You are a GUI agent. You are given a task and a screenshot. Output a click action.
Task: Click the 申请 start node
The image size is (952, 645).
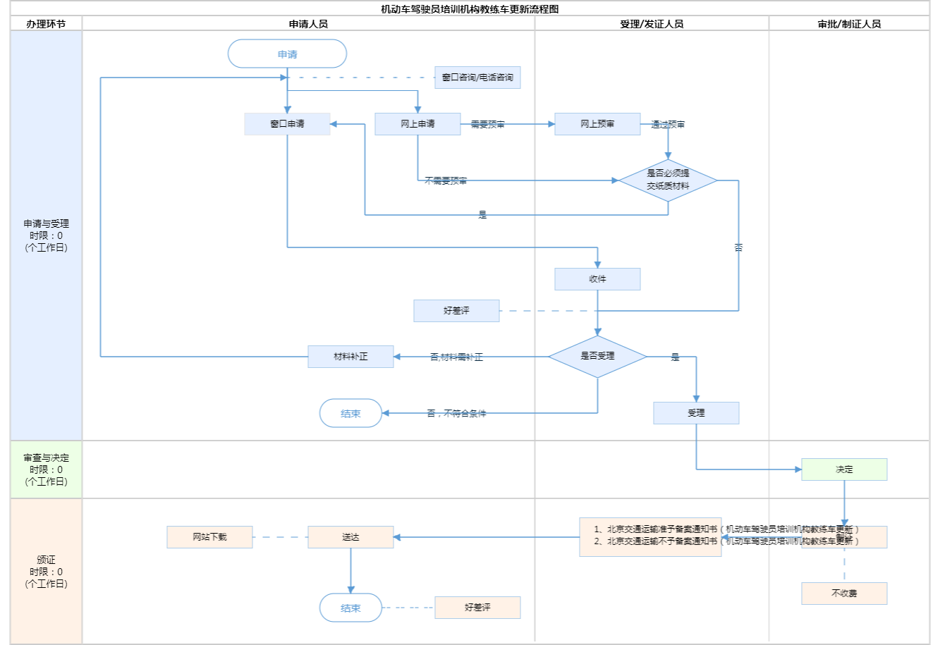click(287, 54)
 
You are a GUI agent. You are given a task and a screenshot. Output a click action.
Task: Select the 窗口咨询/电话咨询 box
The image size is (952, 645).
click(477, 78)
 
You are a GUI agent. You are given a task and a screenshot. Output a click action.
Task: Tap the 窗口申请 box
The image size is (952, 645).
click(287, 124)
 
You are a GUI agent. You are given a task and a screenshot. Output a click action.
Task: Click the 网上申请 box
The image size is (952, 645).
click(417, 124)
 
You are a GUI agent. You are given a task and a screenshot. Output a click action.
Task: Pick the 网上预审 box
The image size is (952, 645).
click(597, 124)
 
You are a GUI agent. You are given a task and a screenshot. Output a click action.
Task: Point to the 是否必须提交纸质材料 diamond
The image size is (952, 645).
click(668, 180)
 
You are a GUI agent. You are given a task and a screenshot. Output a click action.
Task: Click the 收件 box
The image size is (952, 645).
click(597, 279)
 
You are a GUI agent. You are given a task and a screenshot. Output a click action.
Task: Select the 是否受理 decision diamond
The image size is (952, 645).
click(597, 357)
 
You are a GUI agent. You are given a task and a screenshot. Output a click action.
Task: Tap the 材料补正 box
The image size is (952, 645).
click(350, 357)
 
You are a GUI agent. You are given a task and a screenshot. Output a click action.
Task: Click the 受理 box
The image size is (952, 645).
click(696, 413)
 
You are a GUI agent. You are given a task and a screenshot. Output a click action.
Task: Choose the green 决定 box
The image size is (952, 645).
click(844, 469)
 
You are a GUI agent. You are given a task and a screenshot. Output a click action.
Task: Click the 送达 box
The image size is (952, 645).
click(350, 537)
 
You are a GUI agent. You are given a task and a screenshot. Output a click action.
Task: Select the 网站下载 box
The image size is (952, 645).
click(209, 537)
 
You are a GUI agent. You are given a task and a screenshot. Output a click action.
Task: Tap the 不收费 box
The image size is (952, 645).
click(844, 594)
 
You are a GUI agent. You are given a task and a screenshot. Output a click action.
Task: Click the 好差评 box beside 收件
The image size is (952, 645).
click(456, 311)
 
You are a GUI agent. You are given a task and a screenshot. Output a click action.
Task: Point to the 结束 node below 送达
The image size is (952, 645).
click(350, 608)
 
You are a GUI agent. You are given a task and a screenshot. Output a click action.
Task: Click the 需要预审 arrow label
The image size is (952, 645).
click(488, 125)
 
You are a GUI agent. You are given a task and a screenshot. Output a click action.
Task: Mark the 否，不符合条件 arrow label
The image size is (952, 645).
click(456, 414)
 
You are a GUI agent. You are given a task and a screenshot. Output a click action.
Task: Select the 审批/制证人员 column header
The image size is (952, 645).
click(849, 24)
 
